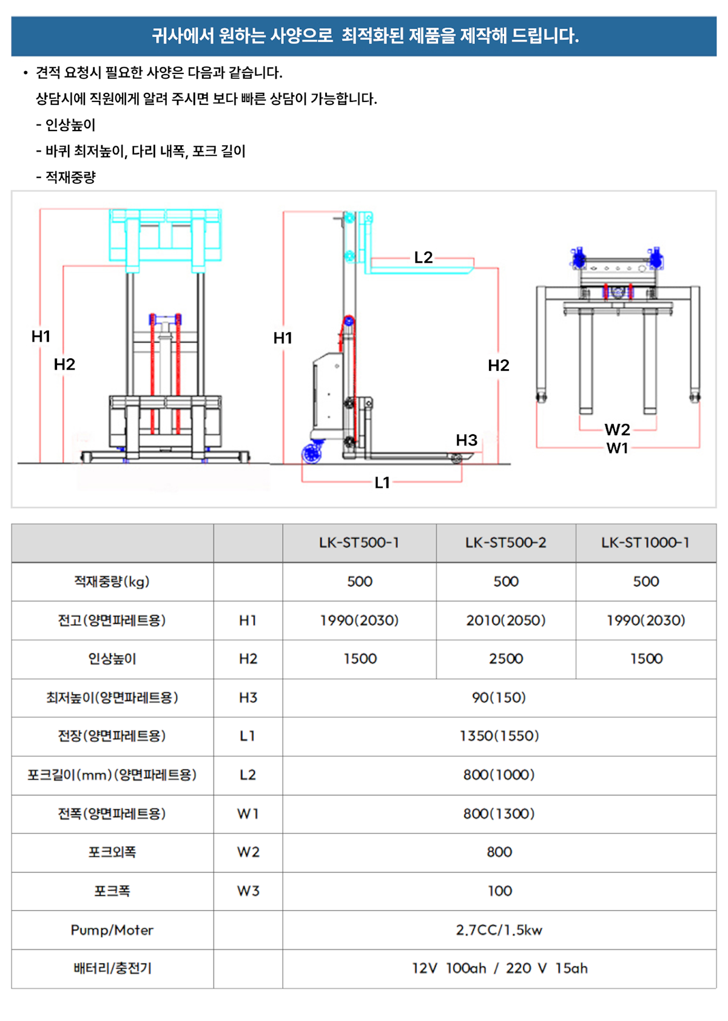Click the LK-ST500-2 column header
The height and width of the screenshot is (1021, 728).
tap(505, 543)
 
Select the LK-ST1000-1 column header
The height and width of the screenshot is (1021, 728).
tap(645, 543)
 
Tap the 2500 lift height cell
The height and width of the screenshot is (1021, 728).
tap(506, 659)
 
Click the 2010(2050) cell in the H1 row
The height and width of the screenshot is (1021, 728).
tap(506, 620)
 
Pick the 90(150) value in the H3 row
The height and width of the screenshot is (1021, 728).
tap(499, 697)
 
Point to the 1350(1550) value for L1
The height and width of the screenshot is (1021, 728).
tap(499, 736)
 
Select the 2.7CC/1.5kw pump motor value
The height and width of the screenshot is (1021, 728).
tap(499, 930)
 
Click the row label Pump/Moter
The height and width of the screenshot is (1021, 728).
tap(112, 930)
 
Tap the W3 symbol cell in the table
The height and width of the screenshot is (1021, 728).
tap(248, 891)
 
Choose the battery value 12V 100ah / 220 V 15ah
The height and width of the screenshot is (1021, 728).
tap(499, 968)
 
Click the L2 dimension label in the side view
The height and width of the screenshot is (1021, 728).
tap(423, 257)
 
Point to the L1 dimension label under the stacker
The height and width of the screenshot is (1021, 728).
tap(382, 483)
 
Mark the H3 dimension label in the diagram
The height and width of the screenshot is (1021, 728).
tap(467, 440)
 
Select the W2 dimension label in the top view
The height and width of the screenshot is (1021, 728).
tap(617, 430)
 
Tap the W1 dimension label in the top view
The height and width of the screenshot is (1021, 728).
tap(617, 448)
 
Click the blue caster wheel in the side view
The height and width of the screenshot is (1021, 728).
tap(312, 454)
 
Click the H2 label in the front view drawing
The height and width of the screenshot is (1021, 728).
tap(64, 364)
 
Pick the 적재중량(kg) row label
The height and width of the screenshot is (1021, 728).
tap(112, 582)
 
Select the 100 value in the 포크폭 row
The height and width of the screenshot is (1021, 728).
tap(499, 891)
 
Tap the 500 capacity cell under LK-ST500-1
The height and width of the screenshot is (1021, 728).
tap(359, 582)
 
